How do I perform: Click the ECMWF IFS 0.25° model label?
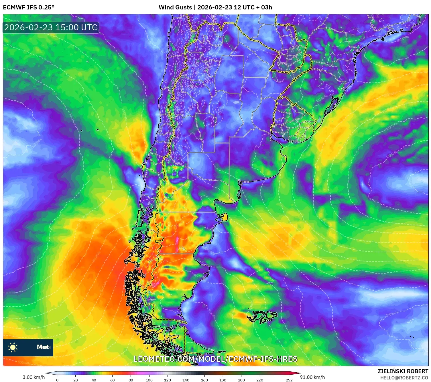(x=29, y=7)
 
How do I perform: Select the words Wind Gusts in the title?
(x=175, y=7)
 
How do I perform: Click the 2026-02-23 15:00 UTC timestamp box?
(x=51, y=27)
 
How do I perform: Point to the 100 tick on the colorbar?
(x=149, y=380)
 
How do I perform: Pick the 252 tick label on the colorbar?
(x=289, y=380)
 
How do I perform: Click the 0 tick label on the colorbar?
(x=57, y=380)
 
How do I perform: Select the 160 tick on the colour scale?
(x=204, y=380)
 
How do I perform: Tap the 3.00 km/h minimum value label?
(x=34, y=377)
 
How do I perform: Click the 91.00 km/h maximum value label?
(x=312, y=377)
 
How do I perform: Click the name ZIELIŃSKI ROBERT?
(x=403, y=371)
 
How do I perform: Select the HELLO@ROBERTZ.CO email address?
(x=404, y=378)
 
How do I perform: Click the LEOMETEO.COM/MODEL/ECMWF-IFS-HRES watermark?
(x=215, y=359)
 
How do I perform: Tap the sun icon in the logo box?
(x=13, y=347)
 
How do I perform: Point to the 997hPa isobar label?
(x=198, y=276)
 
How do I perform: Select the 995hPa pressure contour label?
(x=211, y=313)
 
